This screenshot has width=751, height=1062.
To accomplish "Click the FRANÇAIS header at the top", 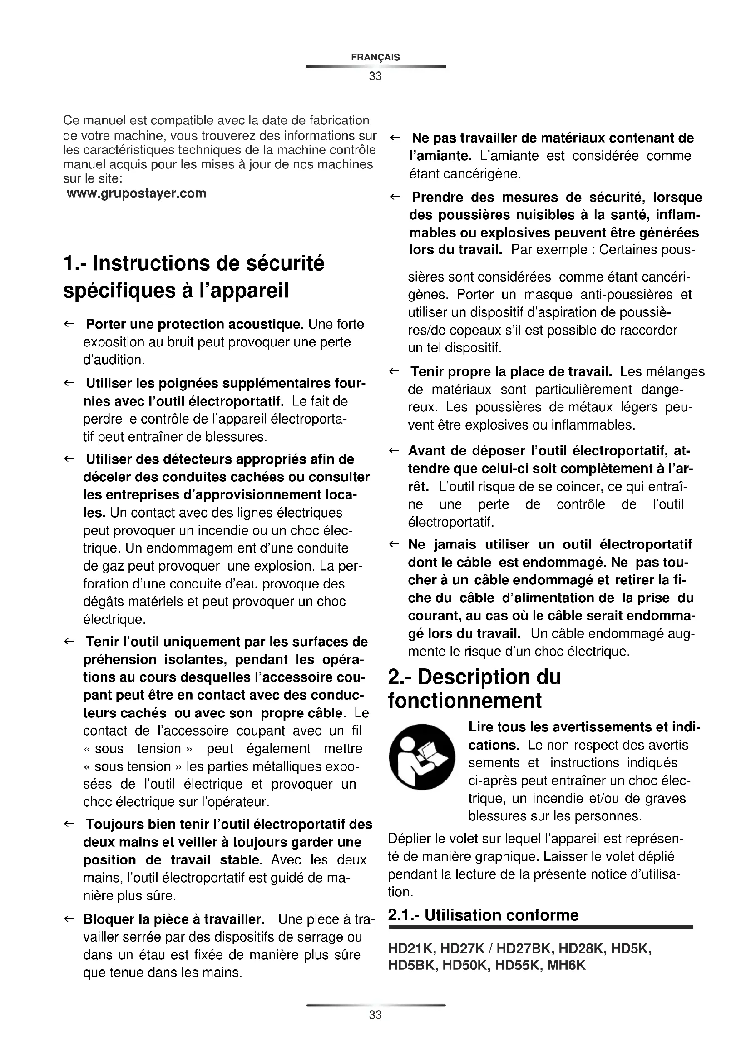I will click(x=375, y=57).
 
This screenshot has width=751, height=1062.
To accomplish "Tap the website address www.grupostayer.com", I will click(x=136, y=193).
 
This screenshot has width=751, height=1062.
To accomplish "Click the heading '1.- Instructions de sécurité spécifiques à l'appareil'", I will click(x=194, y=277).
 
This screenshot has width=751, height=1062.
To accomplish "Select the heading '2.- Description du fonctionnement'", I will click(x=474, y=689).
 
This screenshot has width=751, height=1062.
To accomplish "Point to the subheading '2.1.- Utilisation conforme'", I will click(x=483, y=915).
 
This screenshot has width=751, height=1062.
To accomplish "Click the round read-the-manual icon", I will click(x=422, y=757).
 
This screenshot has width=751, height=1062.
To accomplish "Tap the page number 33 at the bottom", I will click(x=375, y=1015).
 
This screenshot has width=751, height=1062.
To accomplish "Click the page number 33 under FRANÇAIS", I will click(x=375, y=76).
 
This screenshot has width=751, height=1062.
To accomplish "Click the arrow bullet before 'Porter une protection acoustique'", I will click(x=69, y=324).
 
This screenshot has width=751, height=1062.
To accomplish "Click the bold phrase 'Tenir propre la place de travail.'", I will click(x=511, y=371).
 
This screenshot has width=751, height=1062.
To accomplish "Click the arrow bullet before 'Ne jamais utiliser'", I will click(x=394, y=544).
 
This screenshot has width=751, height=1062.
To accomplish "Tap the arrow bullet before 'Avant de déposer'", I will click(x=394, y=450).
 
